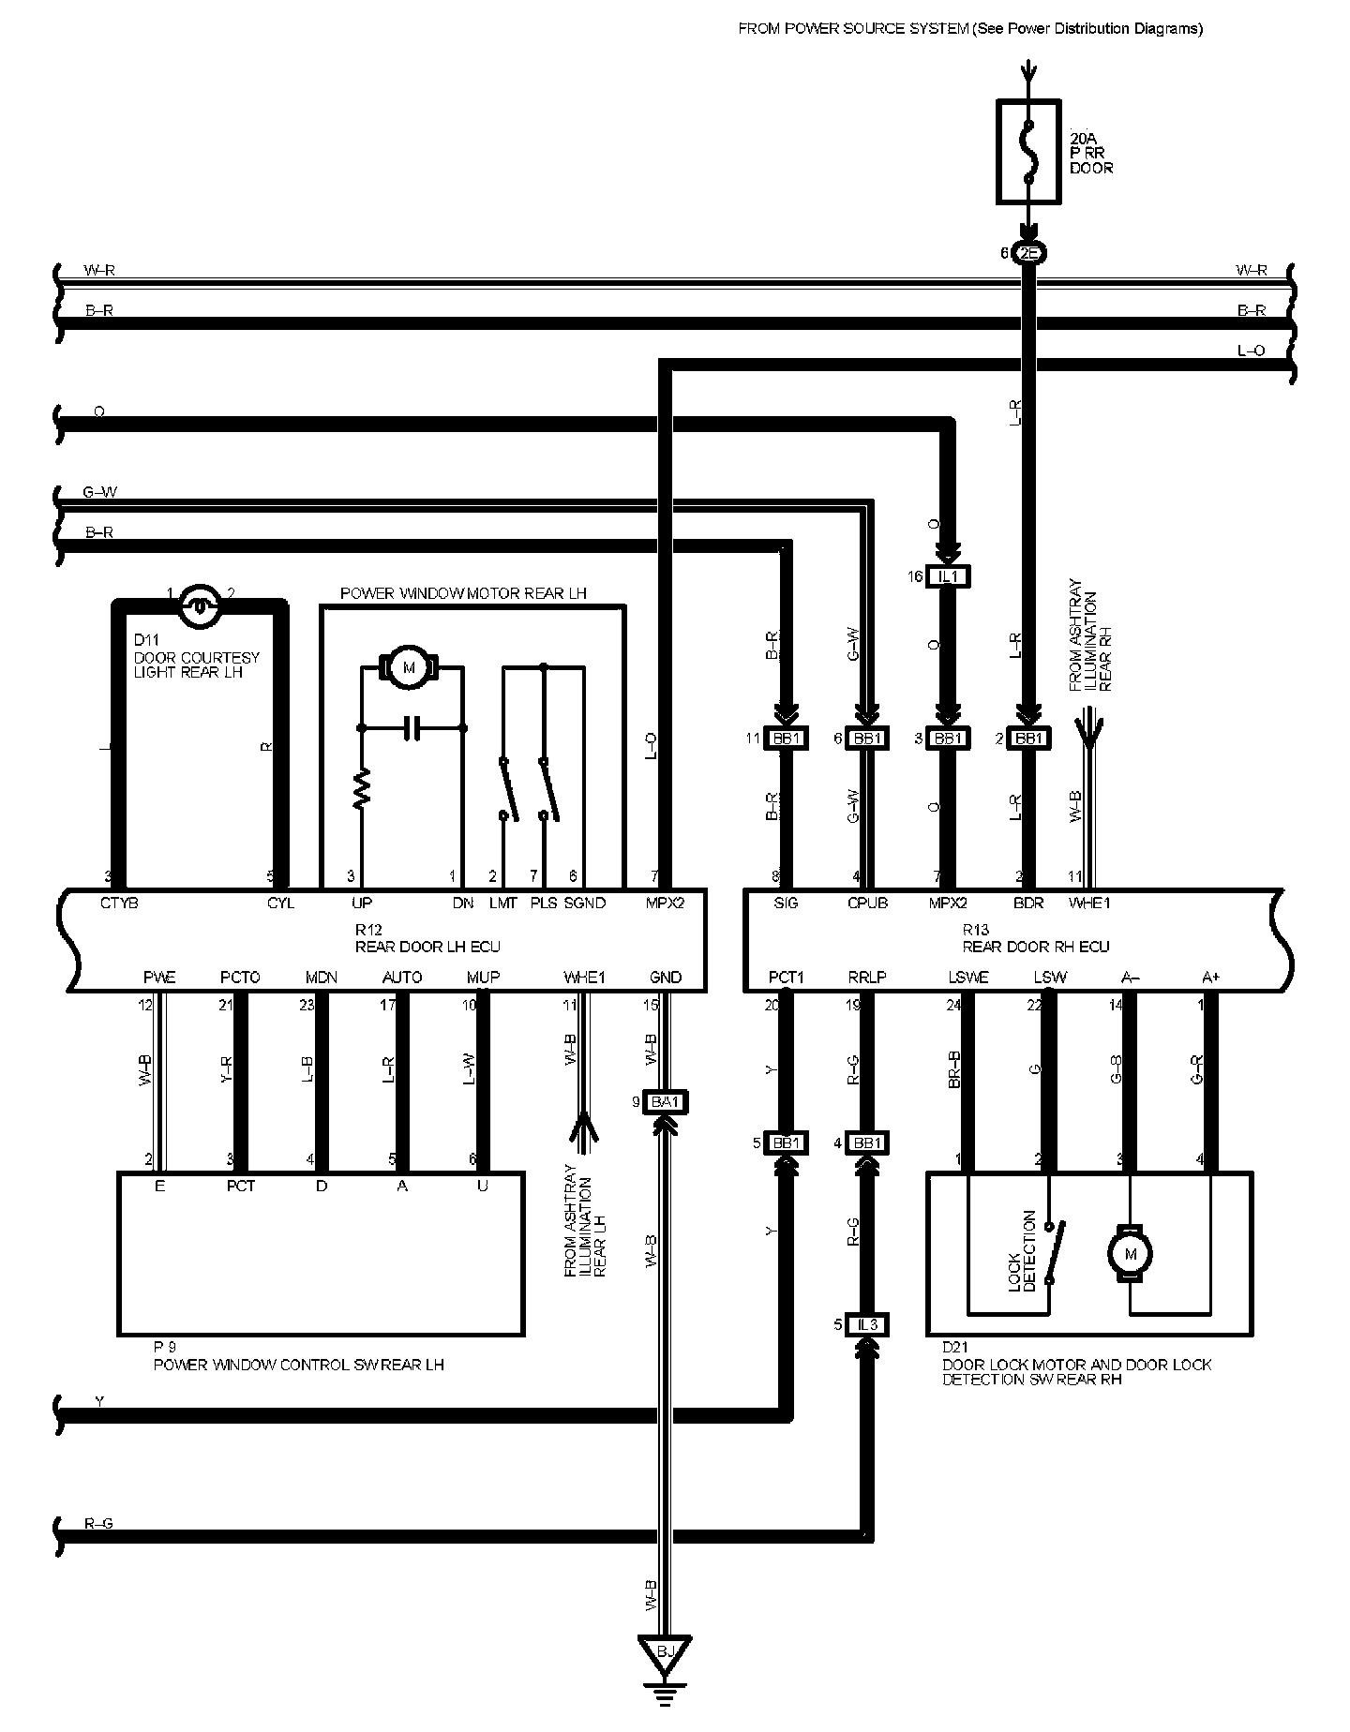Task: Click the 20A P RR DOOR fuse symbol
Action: pyautogui.click(x=1028, y=152)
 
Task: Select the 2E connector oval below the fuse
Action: pyautogui.click(x=1028, y=253)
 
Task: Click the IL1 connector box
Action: pyautogui.click(x=948, y=576)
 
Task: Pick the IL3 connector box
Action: pyautogui.click(x=867, y=1324)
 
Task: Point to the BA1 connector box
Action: pyautogui.click(x=665, y=1101)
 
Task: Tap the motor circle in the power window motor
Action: pyautogui.click(x=408, y=667)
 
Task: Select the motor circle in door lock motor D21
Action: pyautogui.click(x=1130, y=1254)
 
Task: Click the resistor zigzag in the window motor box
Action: pyautogui.click(x=361, y=789)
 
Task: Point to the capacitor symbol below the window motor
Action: pyautogui.click(x=411, y=728)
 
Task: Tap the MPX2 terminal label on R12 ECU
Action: pyautogui.click(x=665, y=903)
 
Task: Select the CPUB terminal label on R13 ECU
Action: pyautogui.click(x=867, y=903)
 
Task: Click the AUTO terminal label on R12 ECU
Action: pyautogui.click(x=402, y=978)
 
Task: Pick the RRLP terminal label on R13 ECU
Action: pyautogui.click(x=867, y=978)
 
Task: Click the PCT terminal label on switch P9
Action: pyautogui.click(x=241, y=1186)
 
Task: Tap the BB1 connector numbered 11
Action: pyautogui.click(x=785, y=739)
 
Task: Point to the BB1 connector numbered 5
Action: pyautogui.click(x=785, y=1143)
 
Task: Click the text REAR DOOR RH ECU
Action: pyautogui.click(x=1036, y=947)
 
